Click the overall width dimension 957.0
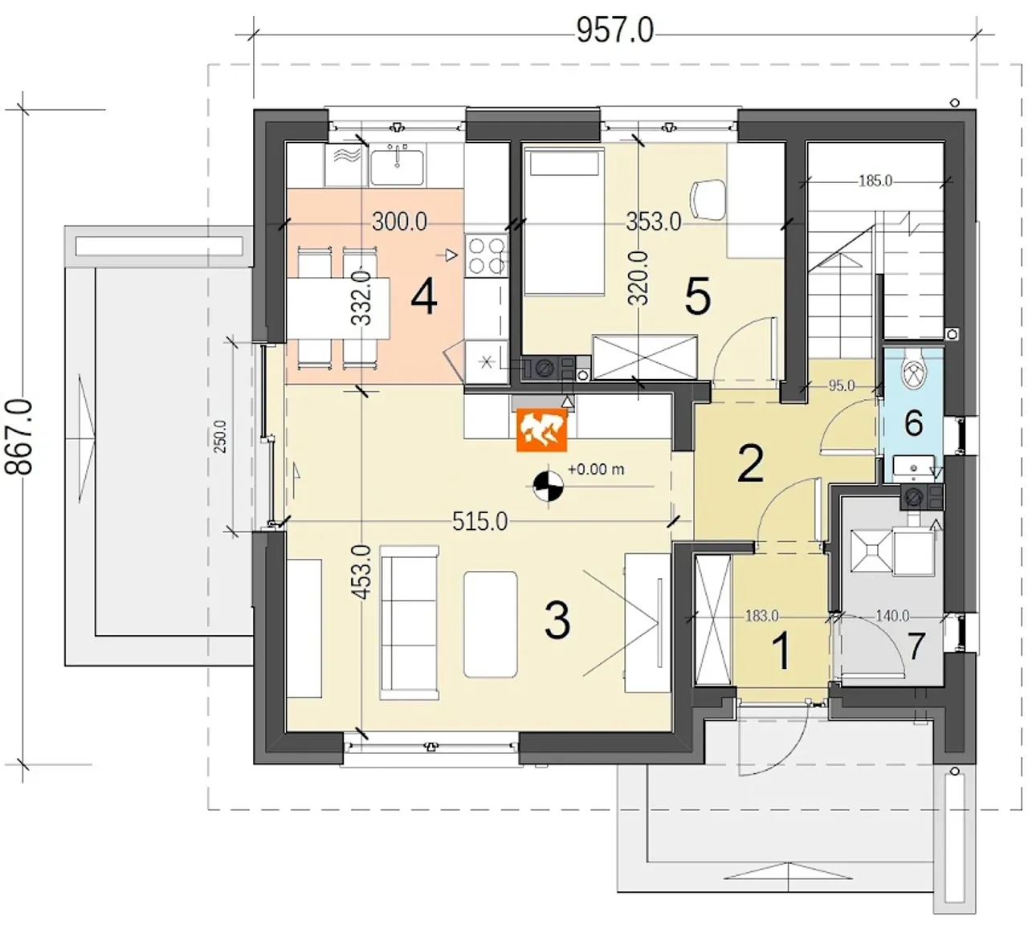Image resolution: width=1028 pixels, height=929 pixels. point(615,31)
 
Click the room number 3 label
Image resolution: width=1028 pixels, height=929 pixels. point(557,621)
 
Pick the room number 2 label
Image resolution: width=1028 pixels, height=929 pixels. point(751,464)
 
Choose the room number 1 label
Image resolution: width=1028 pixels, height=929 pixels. point(782,651)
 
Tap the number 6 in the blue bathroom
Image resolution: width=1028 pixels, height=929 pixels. point(914,423)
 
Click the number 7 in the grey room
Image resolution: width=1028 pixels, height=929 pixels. point(916,645)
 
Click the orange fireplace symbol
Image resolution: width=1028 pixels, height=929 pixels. point(541,430)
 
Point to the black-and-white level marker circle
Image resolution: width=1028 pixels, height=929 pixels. point(549,486)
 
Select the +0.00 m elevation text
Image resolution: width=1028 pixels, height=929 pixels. point(596,469)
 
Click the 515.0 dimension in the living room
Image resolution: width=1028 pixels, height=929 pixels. point(479,522)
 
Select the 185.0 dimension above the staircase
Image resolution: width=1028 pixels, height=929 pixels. point(875,181)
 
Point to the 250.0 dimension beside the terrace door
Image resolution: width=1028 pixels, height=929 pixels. point(220,436)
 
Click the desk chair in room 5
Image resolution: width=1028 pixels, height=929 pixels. point(708,200)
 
